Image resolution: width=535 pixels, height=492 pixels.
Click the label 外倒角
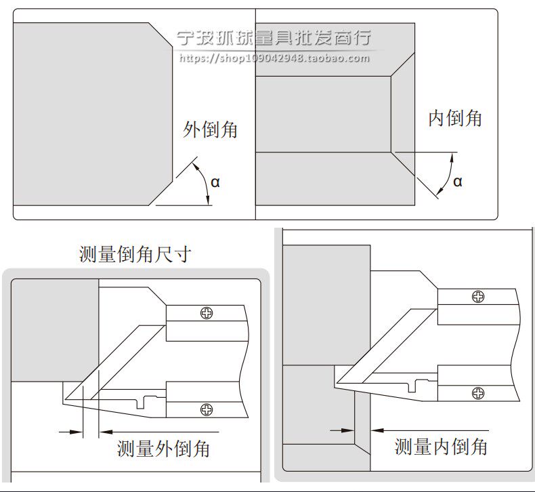(x=211, y=129)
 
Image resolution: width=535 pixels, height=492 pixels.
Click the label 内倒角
(x=455, y=118)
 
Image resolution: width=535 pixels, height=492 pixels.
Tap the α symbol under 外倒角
(x=215, y=182)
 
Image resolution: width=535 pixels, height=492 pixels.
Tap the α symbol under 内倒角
(x=458, y=181)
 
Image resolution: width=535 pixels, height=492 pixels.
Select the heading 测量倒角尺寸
(x=135, y=255)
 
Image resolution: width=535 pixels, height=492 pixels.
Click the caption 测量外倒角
(x=163, y=448)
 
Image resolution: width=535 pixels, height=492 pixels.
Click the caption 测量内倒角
(x=441, y=446)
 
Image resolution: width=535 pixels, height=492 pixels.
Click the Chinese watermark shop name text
(x=274, y=38)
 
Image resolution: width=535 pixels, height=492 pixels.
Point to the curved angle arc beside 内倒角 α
(x=445, y=174)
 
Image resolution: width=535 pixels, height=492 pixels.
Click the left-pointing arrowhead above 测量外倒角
(x=106, y=432)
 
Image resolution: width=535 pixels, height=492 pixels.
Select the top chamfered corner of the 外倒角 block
(x=160, y=35)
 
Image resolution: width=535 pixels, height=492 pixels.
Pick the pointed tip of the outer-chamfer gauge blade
(x=63, y=403)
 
